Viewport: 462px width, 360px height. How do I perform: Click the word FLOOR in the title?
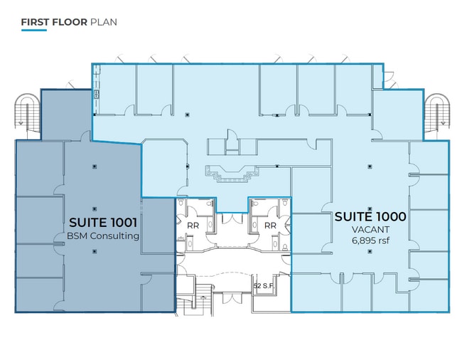click(70, 22)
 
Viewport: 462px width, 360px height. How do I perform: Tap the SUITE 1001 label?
click(103, 223)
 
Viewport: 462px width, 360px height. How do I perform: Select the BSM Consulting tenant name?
click(103, 236)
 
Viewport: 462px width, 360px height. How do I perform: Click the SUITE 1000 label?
click(370, 217)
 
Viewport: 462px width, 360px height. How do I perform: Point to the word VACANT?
click(370, 229)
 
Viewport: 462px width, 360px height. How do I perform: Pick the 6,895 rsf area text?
click(370, 240)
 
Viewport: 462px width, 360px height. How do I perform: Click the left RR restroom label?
click(193, 226)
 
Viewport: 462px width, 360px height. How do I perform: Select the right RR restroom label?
click(270, 226)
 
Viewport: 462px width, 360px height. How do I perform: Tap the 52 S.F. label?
click(264, 286)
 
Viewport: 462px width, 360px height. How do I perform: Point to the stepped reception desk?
click(232, 174)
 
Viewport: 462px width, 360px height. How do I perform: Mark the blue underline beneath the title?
click(34, 30)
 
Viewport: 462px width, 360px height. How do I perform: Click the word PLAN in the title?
click(104, 22)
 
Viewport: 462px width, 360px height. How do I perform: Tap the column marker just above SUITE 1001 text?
click(95, 209)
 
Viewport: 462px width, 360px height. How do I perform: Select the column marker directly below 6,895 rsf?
click(370, 251)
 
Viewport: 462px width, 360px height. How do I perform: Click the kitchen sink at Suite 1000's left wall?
click(96, 95)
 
